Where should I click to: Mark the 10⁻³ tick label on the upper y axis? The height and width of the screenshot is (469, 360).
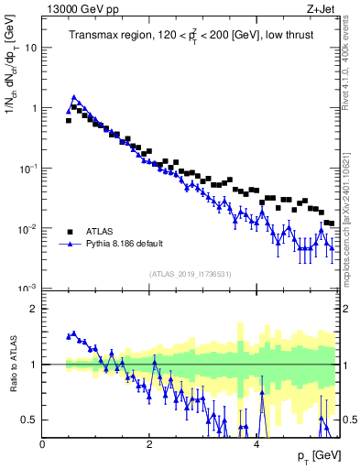[29, 289]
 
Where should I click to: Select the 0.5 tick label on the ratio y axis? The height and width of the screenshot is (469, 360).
[30, 420]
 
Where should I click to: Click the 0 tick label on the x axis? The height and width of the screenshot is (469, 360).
[42, 444]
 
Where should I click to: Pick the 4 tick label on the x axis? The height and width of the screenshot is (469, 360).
[256, 444]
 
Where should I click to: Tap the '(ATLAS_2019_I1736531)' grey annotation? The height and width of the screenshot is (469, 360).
[190, 274]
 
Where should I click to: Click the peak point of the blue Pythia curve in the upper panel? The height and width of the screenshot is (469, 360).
[74, 97]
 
